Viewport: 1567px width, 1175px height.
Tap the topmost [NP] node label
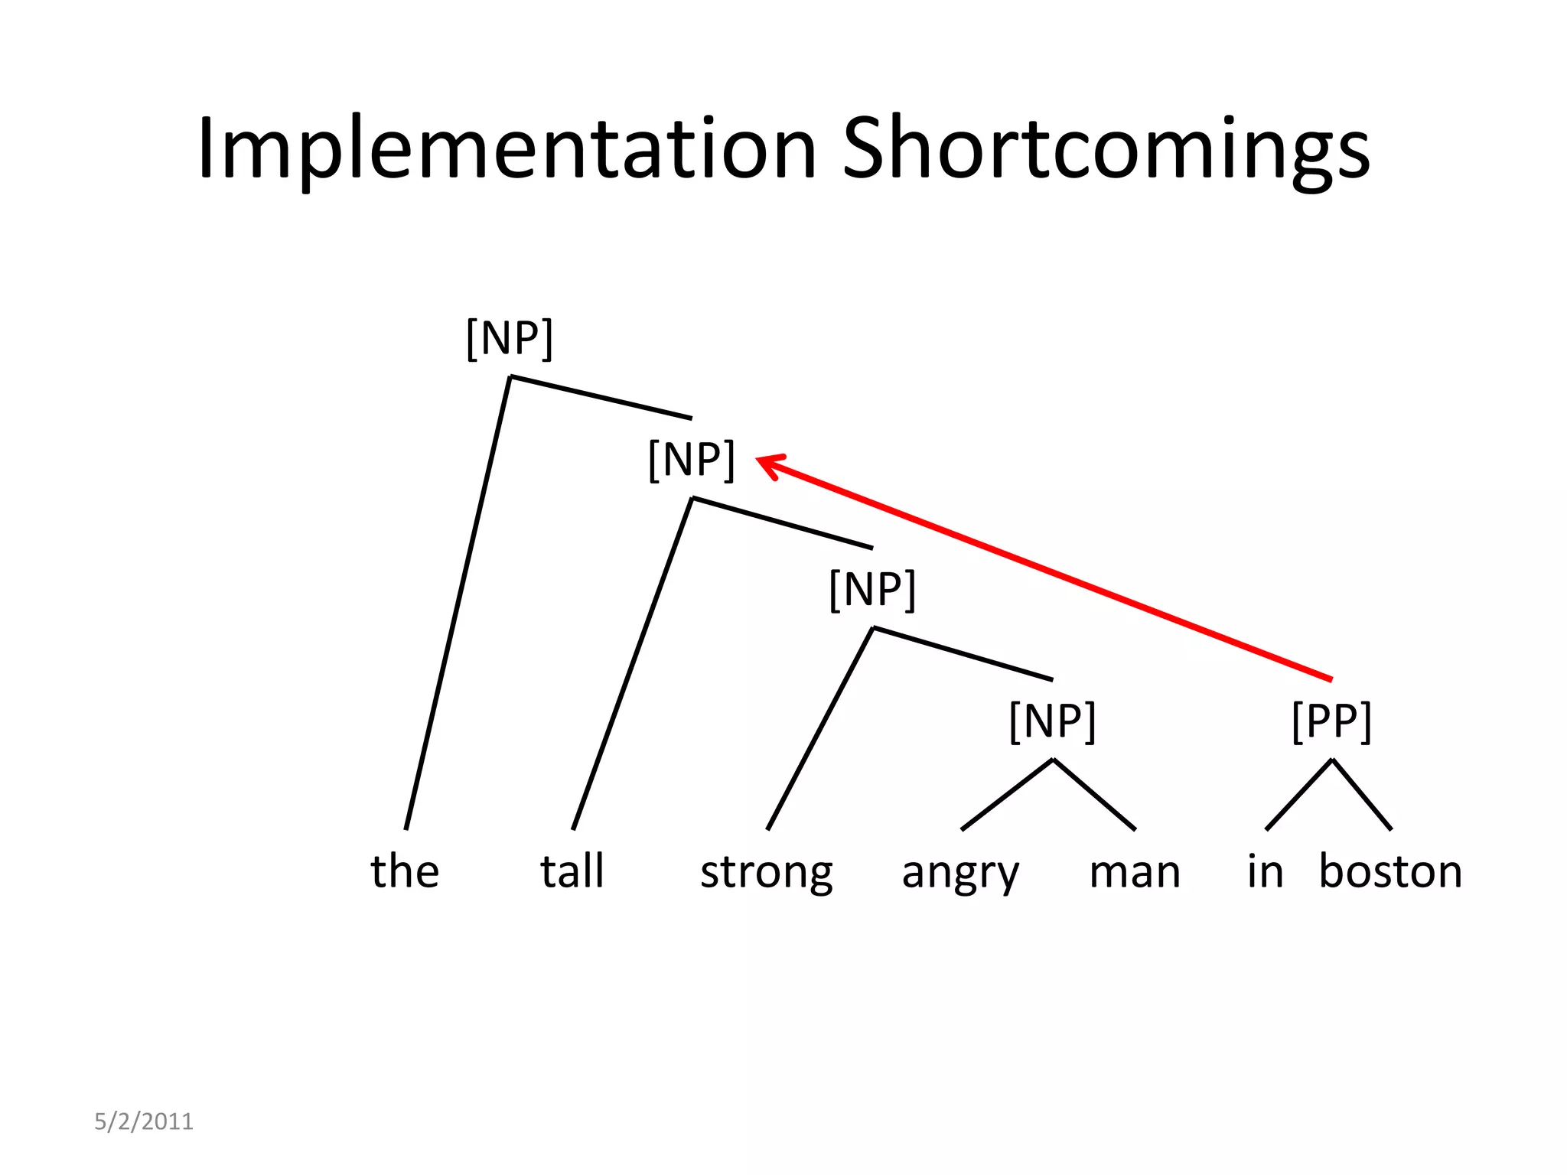(510, 338)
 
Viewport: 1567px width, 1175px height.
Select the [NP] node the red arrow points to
(692, 460)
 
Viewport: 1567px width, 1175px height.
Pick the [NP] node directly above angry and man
(1053, 721)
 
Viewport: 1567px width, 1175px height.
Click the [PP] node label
(1331, 721)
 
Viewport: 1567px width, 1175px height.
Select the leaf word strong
(767, 872)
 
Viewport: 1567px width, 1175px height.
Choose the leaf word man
(1135, 872)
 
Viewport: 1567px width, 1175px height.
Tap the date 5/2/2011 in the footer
(144, 1121)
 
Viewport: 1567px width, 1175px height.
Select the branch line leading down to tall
(632, 664)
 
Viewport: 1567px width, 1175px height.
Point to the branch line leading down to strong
(819, 729)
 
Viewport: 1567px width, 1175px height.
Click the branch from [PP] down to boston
(1361, 794)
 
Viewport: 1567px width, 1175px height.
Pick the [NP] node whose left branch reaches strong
(872, 590)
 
